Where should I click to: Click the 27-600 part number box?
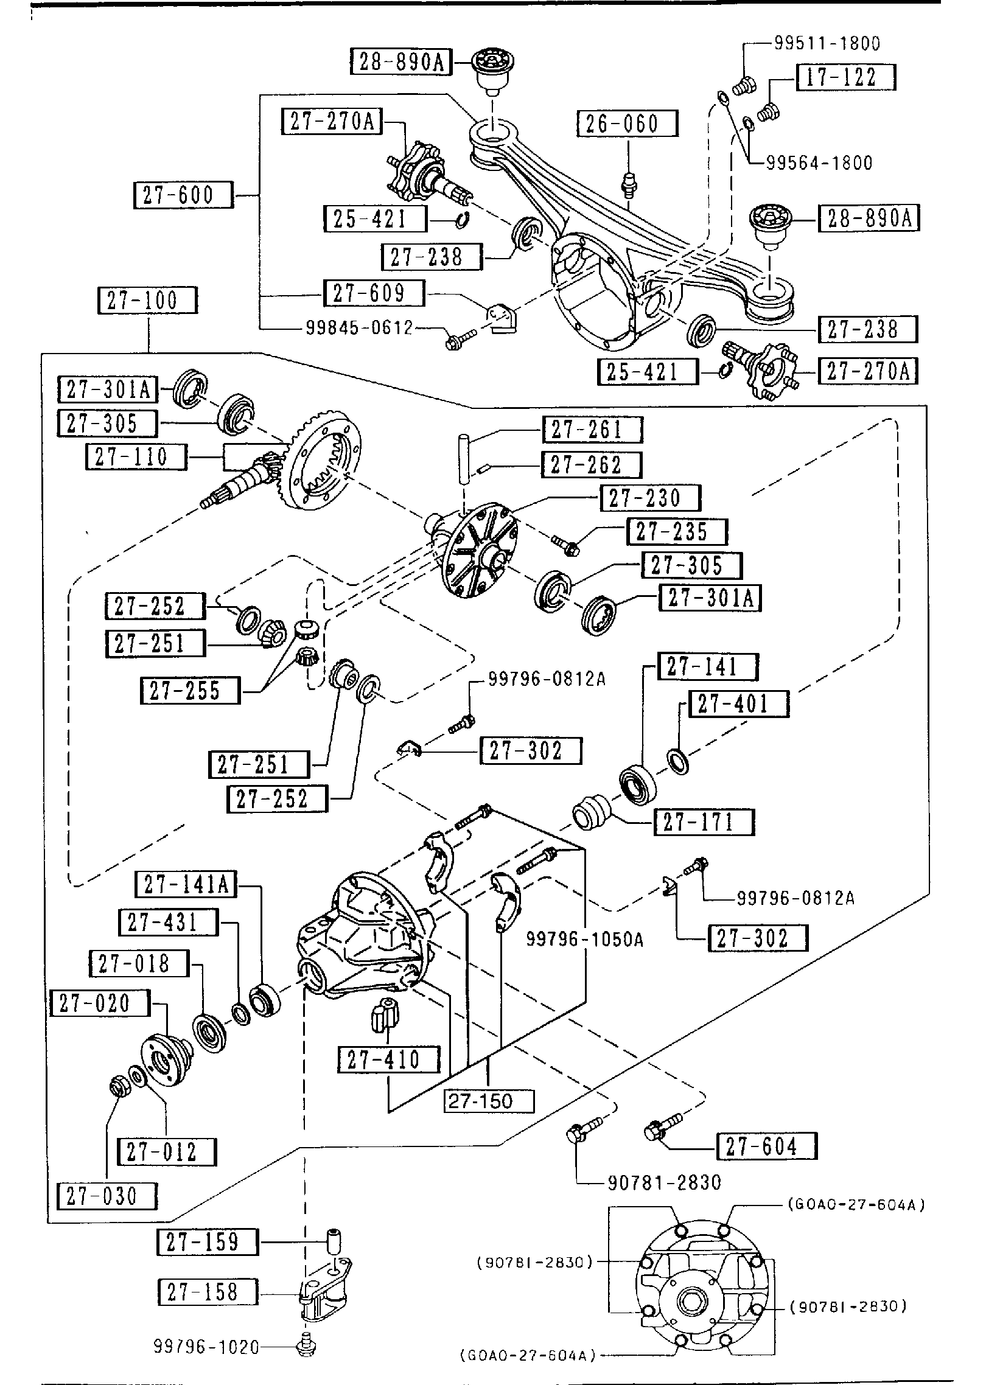click(183, 195)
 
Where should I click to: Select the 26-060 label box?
click(627, 124)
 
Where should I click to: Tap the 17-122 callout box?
click(846, 78)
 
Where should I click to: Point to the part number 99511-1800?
click(827, 43)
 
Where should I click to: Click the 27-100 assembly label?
click(148, 301)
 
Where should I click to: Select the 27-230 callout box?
click(650, 498)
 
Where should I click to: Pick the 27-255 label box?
click(191, 691)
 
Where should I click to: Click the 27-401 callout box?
click(738, 704)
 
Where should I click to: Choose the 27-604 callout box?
click(766, 1146)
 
